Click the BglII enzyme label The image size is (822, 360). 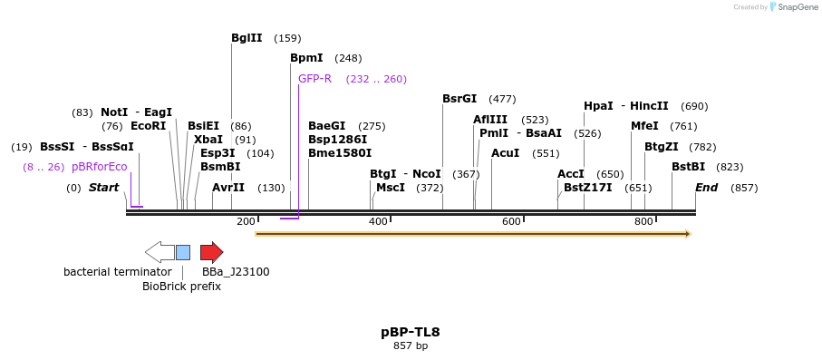point(247,38)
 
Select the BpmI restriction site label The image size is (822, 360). point(306,58)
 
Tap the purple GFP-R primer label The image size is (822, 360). point(314,79)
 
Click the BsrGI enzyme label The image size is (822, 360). point(459,99)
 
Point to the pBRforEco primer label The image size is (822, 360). point(100,167)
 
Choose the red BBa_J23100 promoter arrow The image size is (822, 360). point(211,252)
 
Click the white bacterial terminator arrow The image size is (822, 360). point(160,252)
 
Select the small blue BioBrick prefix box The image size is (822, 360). point(183,252)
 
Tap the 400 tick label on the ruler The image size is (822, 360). point(378,221)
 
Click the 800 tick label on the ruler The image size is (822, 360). point(643,221)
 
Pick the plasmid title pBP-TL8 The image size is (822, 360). point(411,332)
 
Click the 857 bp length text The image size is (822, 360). point(411,345)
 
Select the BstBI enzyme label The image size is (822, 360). point(688,167)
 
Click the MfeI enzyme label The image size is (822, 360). point(644,126)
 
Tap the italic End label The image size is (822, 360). point(707,188)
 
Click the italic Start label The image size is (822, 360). point(103,188)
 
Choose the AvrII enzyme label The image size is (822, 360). point(228,188)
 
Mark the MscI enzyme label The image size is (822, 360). point(391,188)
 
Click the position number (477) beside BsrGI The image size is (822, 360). point(502,99)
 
